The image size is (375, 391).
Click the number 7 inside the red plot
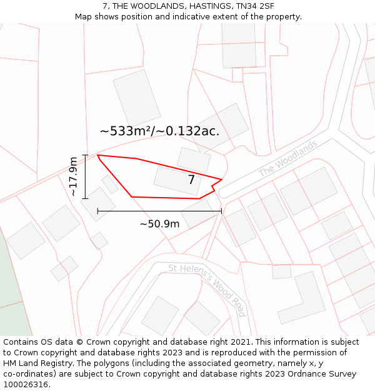click(191, 180)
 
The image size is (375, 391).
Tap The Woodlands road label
click(288, 158)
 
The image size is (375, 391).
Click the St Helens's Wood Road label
click(207, 290)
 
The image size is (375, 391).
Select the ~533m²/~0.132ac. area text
click(159, 131)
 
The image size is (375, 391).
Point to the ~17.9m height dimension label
click(74, 177)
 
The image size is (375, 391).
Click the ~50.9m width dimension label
click(159, 224)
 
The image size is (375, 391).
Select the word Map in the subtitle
click(84, 17)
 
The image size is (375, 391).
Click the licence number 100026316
click(26, 385)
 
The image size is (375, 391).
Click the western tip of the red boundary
click(97, 155)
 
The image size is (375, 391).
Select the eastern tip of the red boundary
click(222, 179)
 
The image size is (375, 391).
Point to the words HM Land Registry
click(35, 363)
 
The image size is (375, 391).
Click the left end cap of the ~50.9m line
click(97, 211)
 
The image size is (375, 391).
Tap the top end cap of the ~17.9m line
click(85, 155)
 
